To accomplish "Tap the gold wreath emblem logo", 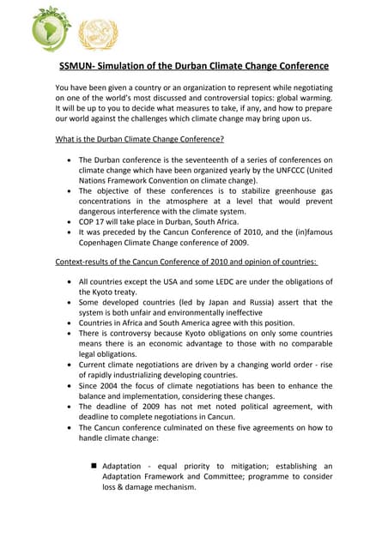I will click(x=98, y=33).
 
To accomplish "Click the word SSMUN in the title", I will click(x=80, y=66).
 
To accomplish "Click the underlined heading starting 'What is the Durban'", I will click(x=139, y=139).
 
